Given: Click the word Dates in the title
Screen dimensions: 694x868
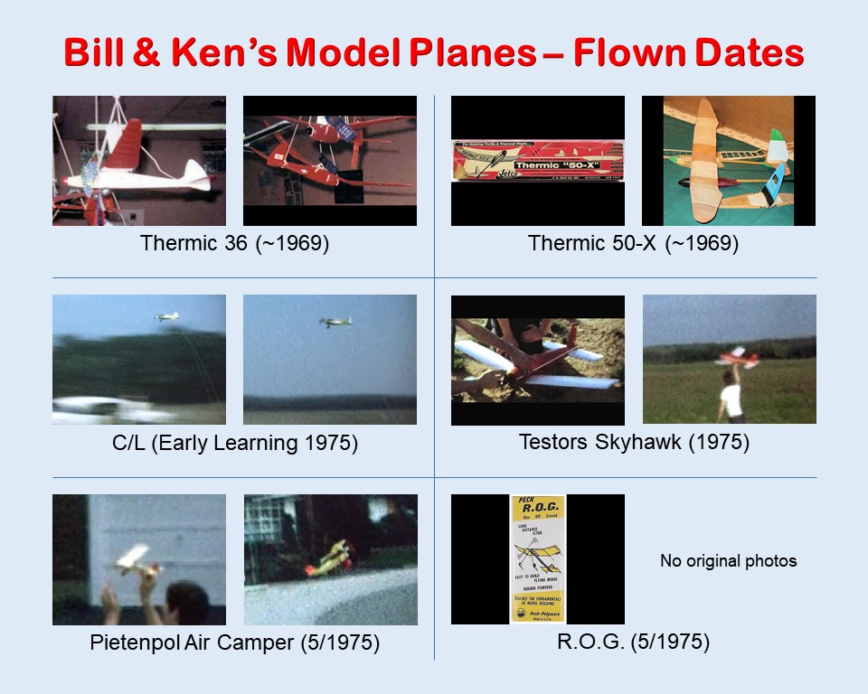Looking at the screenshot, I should pos(744,53).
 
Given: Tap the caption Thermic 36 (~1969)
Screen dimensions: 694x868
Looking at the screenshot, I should pos(234,243).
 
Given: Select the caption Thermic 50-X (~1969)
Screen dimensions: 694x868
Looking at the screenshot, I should pos(633,243).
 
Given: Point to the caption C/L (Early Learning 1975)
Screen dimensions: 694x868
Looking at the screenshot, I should pos(234,444).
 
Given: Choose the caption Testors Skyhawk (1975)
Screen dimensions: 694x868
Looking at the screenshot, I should pos(633,443).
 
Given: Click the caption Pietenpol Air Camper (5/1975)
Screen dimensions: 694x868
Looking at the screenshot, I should pos(234,643).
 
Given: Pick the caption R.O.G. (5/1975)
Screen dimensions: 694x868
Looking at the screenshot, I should pos(633,643).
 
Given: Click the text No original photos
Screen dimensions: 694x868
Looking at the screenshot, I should pos(728,561).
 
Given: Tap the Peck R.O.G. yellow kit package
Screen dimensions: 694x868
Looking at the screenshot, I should pos(538,558).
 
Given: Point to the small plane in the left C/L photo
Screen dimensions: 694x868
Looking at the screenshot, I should pos(166,317).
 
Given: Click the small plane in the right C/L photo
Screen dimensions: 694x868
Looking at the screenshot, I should pos(335,322).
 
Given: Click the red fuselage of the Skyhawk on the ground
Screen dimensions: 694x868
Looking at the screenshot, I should pos(542,361).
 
